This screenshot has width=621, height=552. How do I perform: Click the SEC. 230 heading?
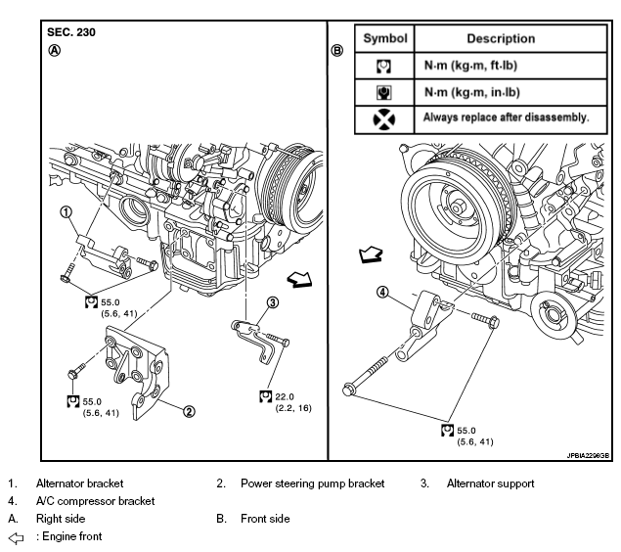pos(71,32)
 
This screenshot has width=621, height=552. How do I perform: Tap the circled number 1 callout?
pos(67,212)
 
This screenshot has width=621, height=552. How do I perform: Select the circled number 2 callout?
pos(189,412)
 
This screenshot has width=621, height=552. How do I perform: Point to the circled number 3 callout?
pos(273,302)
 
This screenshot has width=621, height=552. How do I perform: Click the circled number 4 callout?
pos(382,293)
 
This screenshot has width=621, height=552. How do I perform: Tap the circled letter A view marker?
pos(54,51)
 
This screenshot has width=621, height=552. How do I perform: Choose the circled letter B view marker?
pos(337,51)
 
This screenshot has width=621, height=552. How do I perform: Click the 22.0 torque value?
pos(285,396)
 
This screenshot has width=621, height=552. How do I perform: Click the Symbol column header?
pos(385,38)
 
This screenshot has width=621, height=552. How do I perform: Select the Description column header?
pos(501,38)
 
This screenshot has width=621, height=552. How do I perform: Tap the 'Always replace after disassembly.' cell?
pos(507,117)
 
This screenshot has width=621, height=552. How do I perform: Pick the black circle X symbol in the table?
pos(384,119)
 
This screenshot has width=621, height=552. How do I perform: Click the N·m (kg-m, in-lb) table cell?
pos(472,92)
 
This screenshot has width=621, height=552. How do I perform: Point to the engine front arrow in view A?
pos(299,279)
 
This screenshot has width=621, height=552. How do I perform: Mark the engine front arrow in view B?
pos(371,254)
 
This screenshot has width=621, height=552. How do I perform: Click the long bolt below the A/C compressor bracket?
pos(365,376)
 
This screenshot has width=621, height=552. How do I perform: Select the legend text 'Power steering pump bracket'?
pos(313,483)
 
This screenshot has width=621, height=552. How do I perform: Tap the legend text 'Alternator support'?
pos(490,483)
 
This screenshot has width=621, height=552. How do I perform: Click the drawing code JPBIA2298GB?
pos(588,456)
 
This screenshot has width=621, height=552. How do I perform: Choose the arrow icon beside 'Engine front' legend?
pos(16,537)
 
